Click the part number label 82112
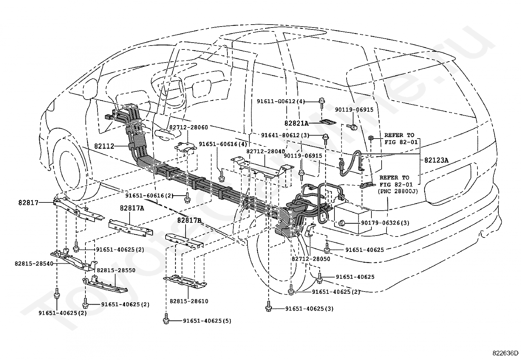click(104, 146)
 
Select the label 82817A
click(132, 208)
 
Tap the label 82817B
click(189, 220)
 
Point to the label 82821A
click(296, 123)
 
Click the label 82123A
click(436, 160)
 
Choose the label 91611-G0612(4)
click(281, 101)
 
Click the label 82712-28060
click(189, 127)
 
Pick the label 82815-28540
click(34, 264)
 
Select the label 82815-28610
click(189, 301)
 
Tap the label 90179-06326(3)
click(385, 223)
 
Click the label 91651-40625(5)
click(207, 321)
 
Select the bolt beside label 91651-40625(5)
click(166, 319)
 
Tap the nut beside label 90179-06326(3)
click(341, 223)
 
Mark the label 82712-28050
click(311, 259)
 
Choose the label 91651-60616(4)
click(223, 144)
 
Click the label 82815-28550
click(116, 270)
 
